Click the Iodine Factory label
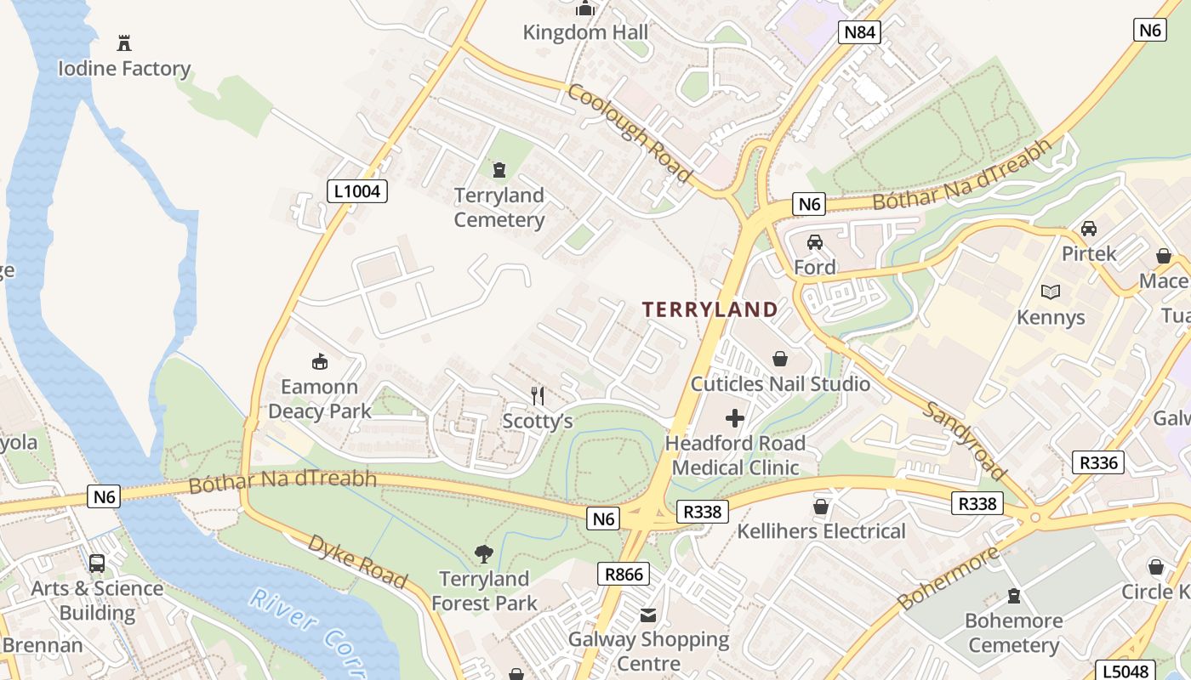click(124, 68)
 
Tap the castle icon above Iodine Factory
click(124, 42)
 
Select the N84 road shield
click(858, 32)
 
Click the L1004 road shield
click(357, 191)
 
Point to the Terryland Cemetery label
click(499, 207)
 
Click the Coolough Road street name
click(630, 133)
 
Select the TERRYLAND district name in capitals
click(709, 309)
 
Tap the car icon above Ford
click(815, 242)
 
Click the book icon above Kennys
click(1051, 292)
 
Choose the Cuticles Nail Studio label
click(780, 383)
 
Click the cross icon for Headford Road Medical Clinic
click(735, 418)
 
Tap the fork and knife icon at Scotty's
click(537, 395)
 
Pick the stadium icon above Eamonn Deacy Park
click(320, 362)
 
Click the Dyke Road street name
click(357, 561)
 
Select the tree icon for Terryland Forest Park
click(484, 554)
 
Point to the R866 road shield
click(624, 574)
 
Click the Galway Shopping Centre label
click(649, 651)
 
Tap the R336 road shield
click(1098, 462)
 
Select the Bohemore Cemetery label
click(1013, 632)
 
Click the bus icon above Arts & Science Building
click(97, 563)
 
